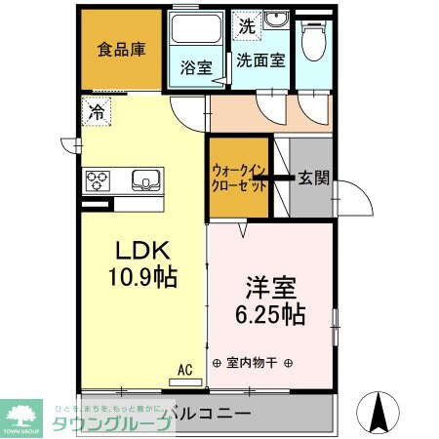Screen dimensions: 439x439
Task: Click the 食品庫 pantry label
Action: [120, 50]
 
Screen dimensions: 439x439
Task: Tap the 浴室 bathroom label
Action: [196, 68]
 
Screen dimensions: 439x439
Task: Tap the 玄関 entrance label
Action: [313, 179]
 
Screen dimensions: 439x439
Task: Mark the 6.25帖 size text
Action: [270, 315]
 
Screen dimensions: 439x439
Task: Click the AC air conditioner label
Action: [184, 370]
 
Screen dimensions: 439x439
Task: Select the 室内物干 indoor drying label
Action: [252, 363]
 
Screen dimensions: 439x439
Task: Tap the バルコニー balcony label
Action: [210, 413]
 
